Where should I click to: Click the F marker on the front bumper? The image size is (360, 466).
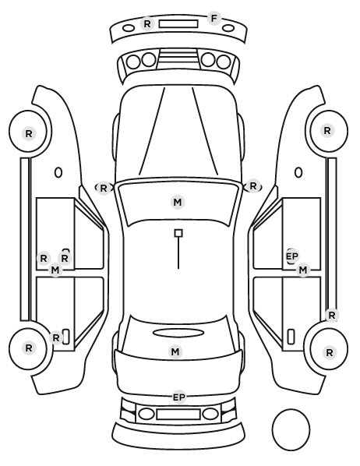coord(214,19)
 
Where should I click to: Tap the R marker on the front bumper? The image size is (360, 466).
coord(147,24)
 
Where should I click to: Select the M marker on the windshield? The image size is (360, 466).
coord(178,203)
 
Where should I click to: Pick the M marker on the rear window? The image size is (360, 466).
coord(175,352)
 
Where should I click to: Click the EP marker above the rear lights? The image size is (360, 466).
coord(179,397)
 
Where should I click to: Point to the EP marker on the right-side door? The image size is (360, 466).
coord(292,256)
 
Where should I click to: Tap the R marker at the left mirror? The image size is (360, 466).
coord(104,188)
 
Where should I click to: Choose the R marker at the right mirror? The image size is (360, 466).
coord(253,186)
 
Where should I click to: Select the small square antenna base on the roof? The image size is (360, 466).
coord(178,233)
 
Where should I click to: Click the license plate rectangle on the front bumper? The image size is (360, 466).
coord(178,24)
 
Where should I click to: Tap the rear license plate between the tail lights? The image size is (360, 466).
coord(178,414)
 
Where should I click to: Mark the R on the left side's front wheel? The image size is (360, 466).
coord(29,134)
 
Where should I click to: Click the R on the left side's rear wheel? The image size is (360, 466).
coord(29,348)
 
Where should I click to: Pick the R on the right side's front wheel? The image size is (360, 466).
coord(327,130)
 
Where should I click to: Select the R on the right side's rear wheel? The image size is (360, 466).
coord(330,352)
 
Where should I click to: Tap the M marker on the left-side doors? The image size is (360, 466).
coord(55,270)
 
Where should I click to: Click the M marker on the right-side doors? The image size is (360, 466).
coord(303,270)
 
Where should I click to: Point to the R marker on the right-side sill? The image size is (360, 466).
coord(332,315)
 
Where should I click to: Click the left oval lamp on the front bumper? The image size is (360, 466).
coord(129,29)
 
